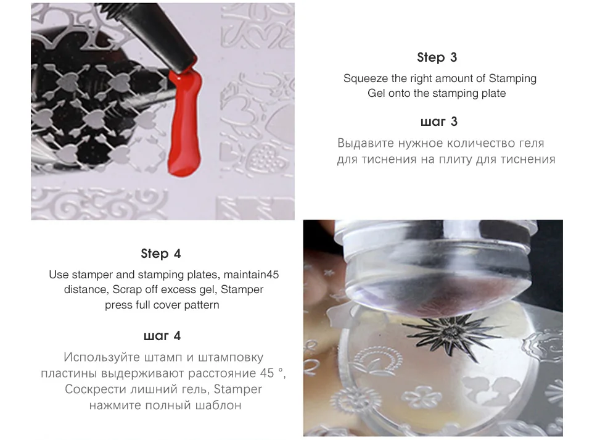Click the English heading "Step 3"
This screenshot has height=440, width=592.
point(437,57)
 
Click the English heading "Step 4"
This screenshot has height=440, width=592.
point(161,254)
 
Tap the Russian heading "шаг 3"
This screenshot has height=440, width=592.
point(438,122)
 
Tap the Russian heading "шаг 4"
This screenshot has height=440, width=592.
point(162,336)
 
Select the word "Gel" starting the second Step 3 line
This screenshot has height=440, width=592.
point(376,93)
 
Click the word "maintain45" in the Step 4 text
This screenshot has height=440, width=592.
point(251,275)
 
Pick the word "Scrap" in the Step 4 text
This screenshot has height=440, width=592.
point(127,289)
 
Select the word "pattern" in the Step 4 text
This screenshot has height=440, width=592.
point(202,305)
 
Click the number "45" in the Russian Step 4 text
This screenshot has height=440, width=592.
point(267,373)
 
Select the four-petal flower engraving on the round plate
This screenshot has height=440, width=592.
point(422,397)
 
